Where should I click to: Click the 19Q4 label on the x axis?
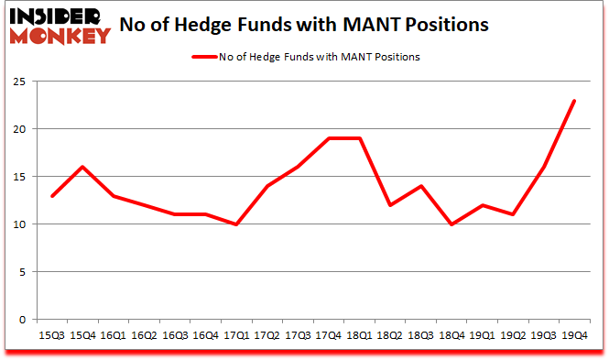point(573,336)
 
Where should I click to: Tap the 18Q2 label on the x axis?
point(390,336)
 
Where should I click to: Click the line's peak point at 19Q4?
point(573,101)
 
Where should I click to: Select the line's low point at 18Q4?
point(451,224)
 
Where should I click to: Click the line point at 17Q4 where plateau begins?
point(330,138)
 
